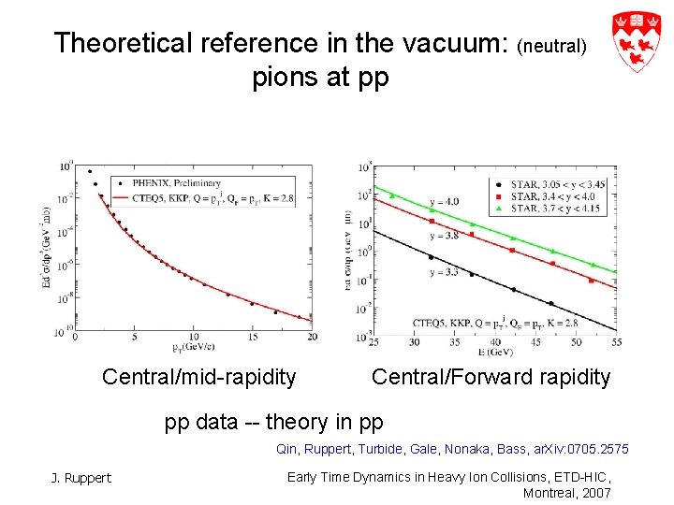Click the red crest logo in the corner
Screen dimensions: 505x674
(637, 42)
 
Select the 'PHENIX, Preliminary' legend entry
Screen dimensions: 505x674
(182, 183)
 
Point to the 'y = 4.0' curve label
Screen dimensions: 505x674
(444, 202)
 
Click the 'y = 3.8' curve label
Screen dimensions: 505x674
(444, 237)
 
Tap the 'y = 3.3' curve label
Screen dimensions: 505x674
(444, 272)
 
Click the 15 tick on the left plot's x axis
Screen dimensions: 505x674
(252, 337)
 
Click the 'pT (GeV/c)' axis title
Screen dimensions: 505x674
(192, 348)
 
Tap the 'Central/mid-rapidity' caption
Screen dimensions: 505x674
(198, 378)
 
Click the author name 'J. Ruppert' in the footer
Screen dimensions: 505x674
(81, 478)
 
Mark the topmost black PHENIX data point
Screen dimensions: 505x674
(90, 171)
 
